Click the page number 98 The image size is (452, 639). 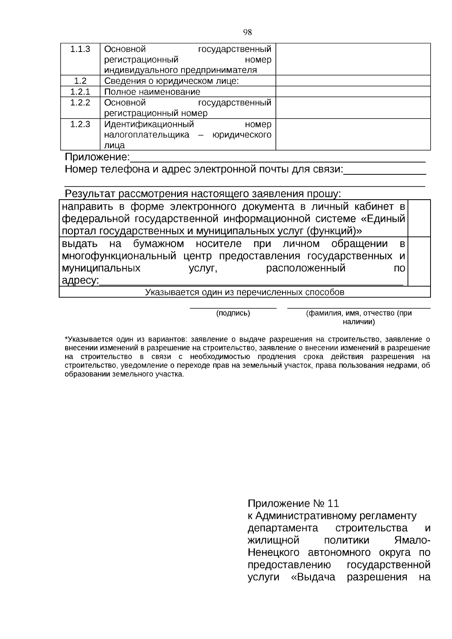click(247, 32)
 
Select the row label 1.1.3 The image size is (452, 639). click(80, 49)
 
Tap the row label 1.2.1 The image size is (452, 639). click(80, 92)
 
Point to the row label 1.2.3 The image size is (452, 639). click(80, 124)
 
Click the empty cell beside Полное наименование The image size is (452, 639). click(353, 92)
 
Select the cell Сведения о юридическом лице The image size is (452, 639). click(171, 81)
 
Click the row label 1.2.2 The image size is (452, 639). click(80, 102)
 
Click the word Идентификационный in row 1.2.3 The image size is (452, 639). click(149, 124)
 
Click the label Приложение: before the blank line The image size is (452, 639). click(97, 157)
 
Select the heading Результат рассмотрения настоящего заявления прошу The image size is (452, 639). click(203, 194)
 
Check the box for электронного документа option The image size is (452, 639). click(419, 218)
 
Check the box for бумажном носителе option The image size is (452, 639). click(419, 261)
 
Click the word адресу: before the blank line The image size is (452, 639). click(80, 281)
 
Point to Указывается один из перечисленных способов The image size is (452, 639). click(244, 292)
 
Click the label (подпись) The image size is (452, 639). click(233, 313)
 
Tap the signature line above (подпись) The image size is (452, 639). click(233, 308)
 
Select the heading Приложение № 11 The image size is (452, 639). click(293, 503)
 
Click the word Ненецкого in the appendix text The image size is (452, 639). click(273, 553)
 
